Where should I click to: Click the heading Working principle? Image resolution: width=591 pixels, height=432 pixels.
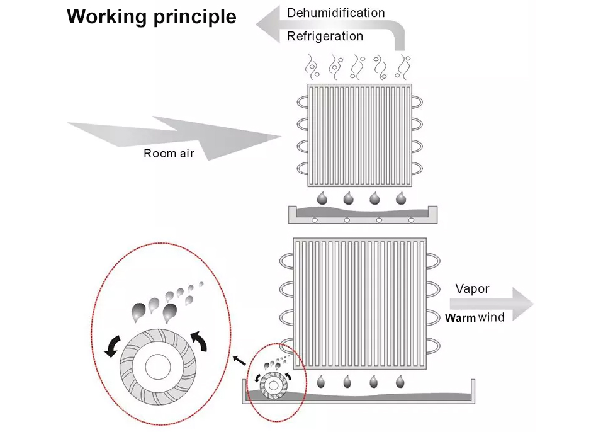coord(152,16)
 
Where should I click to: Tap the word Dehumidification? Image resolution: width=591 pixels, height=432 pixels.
coord(335,13)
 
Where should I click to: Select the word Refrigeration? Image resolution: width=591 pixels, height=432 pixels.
coord(325,36)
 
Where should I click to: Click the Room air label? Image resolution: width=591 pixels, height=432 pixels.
coord(169,153)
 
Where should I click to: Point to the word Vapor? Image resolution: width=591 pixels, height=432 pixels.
coord(472,289)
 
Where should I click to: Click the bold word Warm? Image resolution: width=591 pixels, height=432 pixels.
coord(460,318)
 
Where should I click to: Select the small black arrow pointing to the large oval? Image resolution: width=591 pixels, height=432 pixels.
coord(239,360)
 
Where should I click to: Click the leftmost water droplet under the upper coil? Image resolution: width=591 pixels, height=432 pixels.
coord(321,198)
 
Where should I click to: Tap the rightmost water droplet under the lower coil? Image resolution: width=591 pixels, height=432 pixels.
coord(400,381)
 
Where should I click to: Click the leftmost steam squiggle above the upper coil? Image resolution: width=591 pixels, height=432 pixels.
coord(312,65)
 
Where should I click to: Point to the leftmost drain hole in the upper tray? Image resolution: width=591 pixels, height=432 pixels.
coord(314,220)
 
